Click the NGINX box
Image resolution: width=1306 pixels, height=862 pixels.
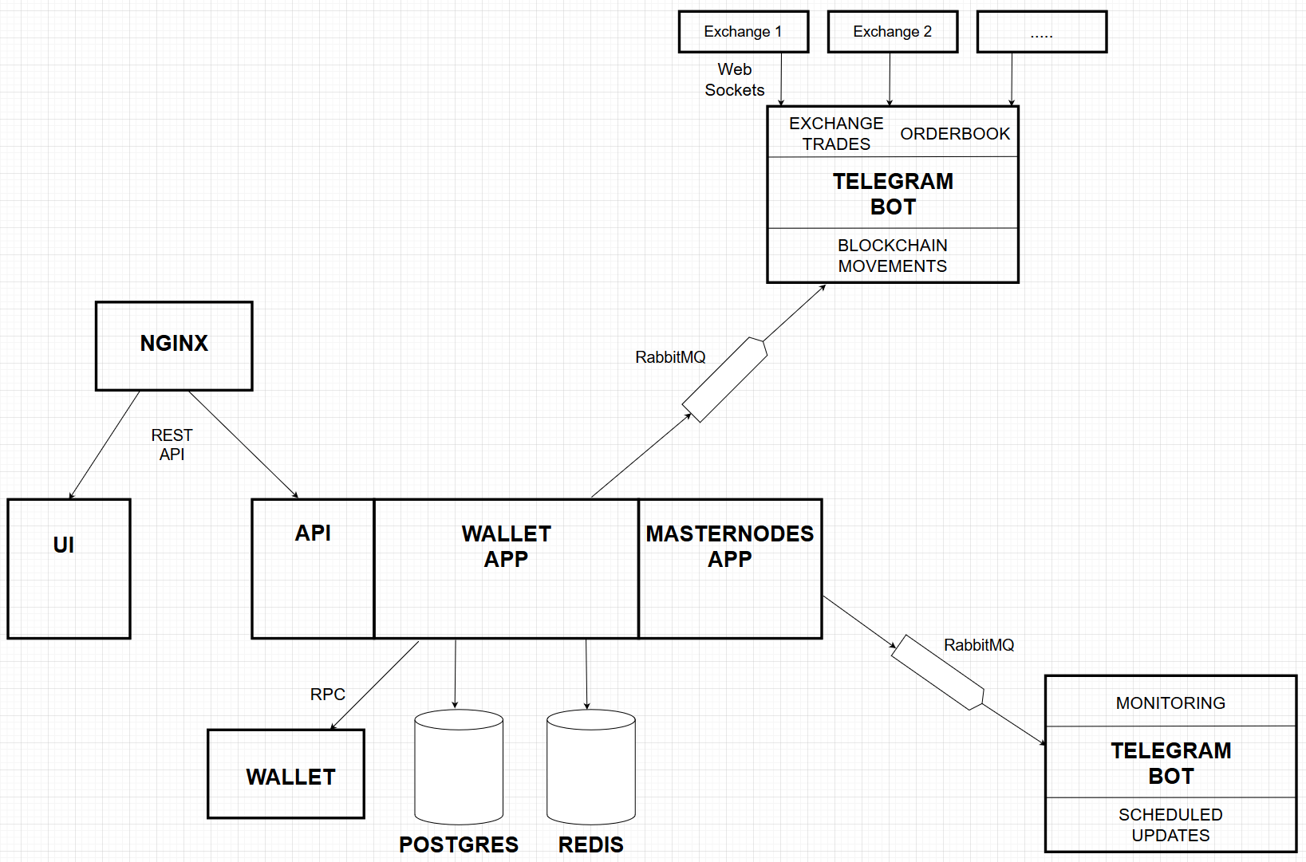click(x=174, y=346)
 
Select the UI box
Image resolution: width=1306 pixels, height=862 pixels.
click(x=69, y=569)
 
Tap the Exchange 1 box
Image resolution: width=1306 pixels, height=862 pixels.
click(x=743, y=32)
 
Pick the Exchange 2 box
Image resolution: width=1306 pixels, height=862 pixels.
click(x=892, y=32)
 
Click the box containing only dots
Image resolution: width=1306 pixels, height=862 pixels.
click(x=1041, y=32)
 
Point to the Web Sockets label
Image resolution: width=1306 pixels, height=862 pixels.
click(x=734, y=80)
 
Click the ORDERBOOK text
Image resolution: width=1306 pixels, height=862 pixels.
click(x=955, y=134)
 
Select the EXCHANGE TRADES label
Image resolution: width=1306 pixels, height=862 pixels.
click(x=836, y=134)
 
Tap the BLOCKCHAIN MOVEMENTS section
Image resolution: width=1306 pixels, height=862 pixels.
click(x=892, y=256)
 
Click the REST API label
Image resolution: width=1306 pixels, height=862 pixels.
click(x=172, y=445)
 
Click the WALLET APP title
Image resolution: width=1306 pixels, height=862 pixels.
click(x=506, y=546)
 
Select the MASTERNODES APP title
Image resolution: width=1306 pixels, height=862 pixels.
click(x=729, y=546)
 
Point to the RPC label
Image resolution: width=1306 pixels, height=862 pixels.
click(x=327, y=695)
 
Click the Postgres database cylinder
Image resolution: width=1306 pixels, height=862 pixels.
click(x=459, y=767)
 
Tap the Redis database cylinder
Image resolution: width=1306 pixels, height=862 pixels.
click(x=590, y=767)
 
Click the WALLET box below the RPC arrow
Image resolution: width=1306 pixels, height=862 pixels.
click(x=286, y=774)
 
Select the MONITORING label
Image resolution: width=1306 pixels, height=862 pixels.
click(x=1170, y=703)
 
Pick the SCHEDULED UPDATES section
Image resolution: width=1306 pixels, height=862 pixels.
click(x=1170, y=825)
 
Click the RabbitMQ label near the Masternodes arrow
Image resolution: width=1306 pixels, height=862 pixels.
click(x=979, y=645)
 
